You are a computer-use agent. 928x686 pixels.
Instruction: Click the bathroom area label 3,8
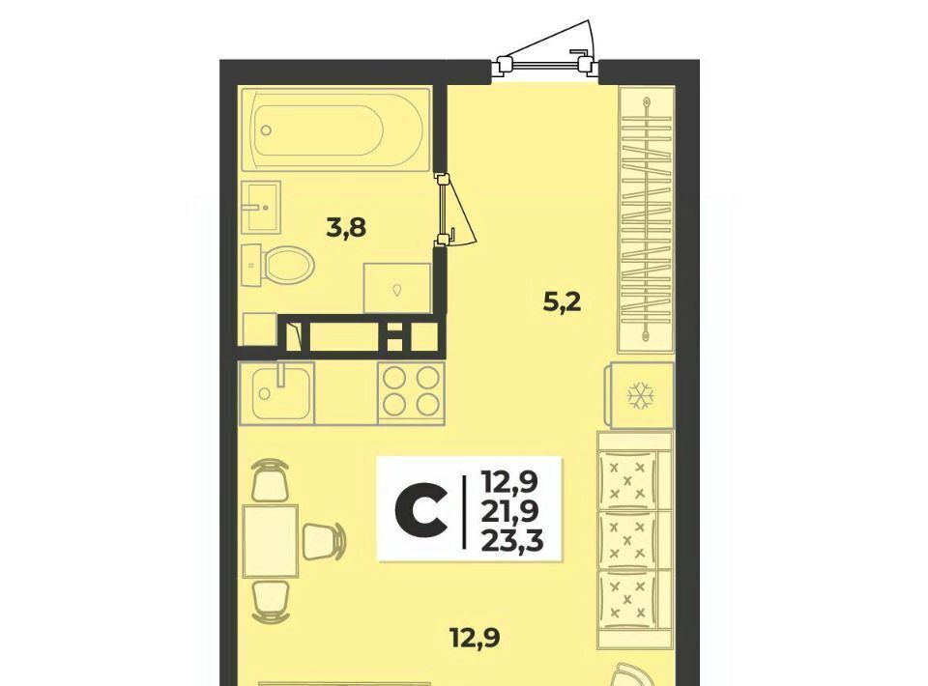(x=347, y=228)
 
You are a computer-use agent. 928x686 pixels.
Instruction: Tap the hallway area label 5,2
(x=563, y=302)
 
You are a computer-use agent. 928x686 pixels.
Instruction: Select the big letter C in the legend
(x=420, y=508)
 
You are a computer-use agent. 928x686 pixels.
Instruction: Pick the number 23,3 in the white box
(x=512, y=540)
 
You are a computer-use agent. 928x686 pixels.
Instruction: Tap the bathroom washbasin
(x=261, y=206)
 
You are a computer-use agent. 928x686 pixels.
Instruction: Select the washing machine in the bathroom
(x=396, y=287)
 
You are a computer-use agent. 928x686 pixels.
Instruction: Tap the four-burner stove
(x=411, y=393)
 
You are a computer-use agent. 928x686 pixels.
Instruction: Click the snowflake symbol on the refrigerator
(x=639, y=395)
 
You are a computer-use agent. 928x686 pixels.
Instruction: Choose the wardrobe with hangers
(x=647, y=219)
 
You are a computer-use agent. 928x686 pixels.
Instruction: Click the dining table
(x=271, y=541)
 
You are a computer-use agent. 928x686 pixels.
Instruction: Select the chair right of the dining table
(x=323, y=541)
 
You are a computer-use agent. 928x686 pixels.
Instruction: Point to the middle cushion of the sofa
(x=628, y=540)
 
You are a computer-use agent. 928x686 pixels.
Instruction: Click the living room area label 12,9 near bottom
(x=475, y=639)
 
